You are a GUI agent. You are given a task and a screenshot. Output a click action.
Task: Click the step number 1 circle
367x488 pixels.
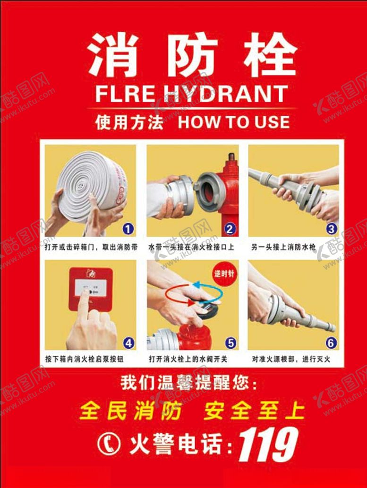tap(127, 230)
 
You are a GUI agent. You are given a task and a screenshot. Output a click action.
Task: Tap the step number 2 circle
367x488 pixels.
tap(230, 230)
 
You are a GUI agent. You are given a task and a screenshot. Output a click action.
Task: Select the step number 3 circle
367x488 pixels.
tap(332, 230)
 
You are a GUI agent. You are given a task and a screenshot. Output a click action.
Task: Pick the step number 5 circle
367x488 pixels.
tap(230, 342)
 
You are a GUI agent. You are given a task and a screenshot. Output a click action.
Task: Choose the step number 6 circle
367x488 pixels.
tap(332, 342)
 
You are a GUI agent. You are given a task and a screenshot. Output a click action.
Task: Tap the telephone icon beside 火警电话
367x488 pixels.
tap(109, 443)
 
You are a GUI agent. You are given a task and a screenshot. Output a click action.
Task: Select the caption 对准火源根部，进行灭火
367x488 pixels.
tap(291, 360)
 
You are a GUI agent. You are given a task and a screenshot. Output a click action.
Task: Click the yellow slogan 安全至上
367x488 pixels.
tap(254, 411)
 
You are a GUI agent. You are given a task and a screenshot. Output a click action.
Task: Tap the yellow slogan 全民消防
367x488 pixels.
tap(130, 411)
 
